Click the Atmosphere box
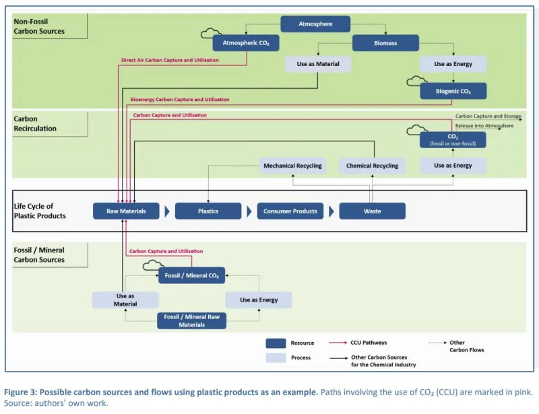[x=315, y=24]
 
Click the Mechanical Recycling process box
[x=292, y=166]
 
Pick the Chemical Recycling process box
[x=372, y=166]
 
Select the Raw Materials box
[x=126, y=211]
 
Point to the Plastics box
[x=208, y=211]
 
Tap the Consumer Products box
[x=290, y=211]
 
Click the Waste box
[x=372, y=211]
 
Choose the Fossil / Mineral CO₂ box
[x=191, y=275]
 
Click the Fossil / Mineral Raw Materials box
[x=191, y=320]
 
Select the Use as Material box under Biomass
[x=317, y=65]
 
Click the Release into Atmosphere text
[x=484, y=125]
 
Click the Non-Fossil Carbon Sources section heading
[x=39, y=26]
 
